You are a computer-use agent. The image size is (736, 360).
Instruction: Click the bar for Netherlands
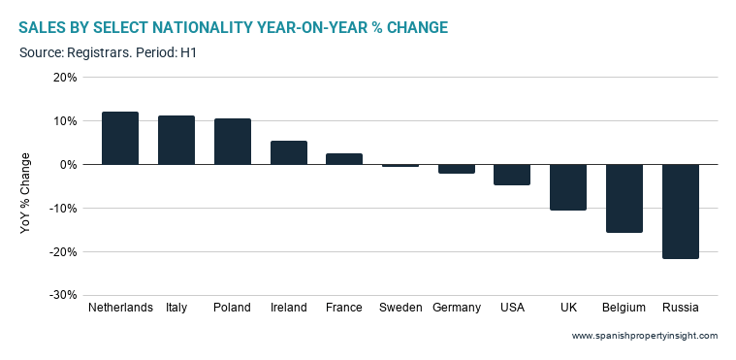120,138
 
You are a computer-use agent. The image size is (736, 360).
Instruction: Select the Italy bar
176,140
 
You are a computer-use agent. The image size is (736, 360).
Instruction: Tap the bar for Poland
233,142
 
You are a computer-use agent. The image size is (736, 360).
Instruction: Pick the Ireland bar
289,152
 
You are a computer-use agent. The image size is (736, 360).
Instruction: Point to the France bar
344,159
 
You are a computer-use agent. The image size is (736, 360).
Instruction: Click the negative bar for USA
512,175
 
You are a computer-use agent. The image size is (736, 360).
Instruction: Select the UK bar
568,187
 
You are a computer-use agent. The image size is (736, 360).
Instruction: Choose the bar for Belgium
624,198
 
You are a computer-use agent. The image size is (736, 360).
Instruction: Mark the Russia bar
680,212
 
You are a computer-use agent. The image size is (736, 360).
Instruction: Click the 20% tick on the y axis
66,77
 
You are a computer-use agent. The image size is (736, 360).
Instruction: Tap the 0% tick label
69,165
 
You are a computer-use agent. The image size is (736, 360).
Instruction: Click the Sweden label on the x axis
400,308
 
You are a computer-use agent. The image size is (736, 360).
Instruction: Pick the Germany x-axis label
457,309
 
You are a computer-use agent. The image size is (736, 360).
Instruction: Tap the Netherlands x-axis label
120,308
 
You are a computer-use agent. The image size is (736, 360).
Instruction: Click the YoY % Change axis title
25,193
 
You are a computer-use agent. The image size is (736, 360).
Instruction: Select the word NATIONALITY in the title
207,28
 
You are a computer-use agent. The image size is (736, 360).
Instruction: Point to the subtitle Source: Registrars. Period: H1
108,52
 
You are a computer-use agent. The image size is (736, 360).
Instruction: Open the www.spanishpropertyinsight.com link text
645,336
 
